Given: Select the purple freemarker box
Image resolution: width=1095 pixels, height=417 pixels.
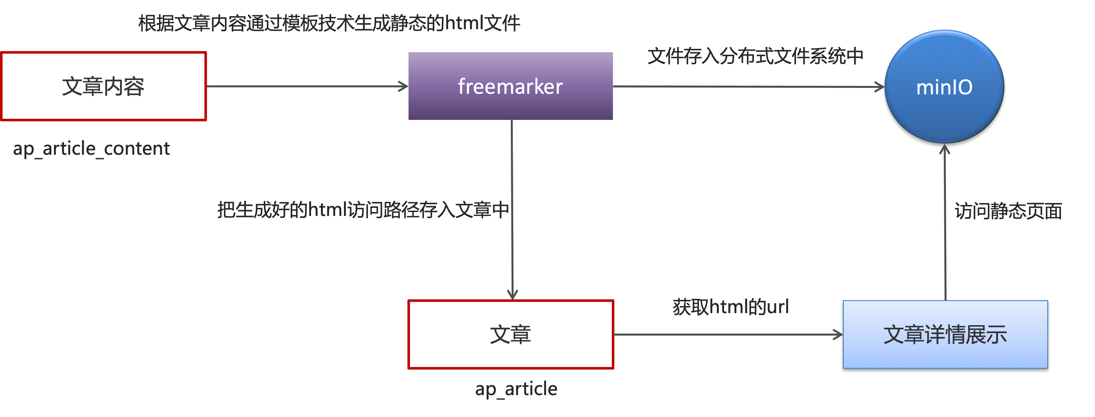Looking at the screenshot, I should pos(510,106).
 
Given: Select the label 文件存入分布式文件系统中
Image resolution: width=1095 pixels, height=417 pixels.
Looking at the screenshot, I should pos(755,56).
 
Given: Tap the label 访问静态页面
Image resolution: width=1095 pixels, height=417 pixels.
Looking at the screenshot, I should pos(1008,211).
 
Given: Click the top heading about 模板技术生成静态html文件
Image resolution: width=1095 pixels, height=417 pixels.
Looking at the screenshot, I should pos(329,23).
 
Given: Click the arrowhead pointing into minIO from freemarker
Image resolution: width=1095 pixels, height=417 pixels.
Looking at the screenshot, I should pos(879,87).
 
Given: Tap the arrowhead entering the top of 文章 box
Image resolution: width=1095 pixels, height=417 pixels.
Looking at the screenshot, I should pos(513,295).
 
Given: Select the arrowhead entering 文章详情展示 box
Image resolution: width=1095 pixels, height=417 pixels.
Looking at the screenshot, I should pos(838,334).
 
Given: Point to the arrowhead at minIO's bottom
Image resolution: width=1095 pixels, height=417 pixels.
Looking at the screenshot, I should pos(945,150).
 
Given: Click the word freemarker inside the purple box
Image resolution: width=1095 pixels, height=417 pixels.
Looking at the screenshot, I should pos(510,87).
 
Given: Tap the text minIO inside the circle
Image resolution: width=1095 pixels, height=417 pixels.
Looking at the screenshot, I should pos(944,88).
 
